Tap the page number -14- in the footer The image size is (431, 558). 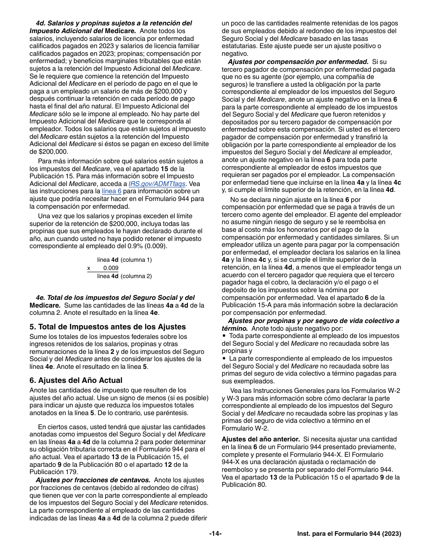[215, 534]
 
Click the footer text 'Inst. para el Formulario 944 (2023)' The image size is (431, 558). [349, 534]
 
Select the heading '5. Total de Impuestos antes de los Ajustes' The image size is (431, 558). [108, 327]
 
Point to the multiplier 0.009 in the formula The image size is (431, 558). [111, 268]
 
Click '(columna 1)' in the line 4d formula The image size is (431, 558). [136, 260]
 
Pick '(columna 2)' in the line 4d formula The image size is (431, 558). [136, 276]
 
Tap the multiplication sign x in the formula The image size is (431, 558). [89, 268]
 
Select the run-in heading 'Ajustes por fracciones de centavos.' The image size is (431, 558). [93, 480]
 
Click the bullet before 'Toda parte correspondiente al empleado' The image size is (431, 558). [224, 336]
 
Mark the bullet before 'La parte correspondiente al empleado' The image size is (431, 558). [224, 358]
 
